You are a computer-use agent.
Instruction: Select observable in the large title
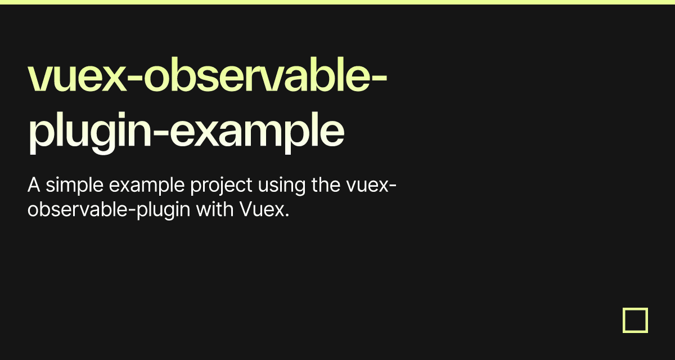click(x=256, y=74)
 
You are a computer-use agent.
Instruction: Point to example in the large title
click(x=256, y=133)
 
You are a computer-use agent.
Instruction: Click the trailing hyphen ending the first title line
click(x=379, y=78)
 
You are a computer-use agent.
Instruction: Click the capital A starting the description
click(x=34, y=185)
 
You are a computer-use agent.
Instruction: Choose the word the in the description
click(x=326, y=184)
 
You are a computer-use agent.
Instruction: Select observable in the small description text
click(x=78, y=209)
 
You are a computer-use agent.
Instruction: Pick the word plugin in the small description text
click(x=163, y=210)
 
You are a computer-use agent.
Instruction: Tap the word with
click(x=215, y=209)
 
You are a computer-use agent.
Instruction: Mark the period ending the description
click(x=287, y=215)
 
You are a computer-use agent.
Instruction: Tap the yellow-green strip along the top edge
click(x=337, y=2)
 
